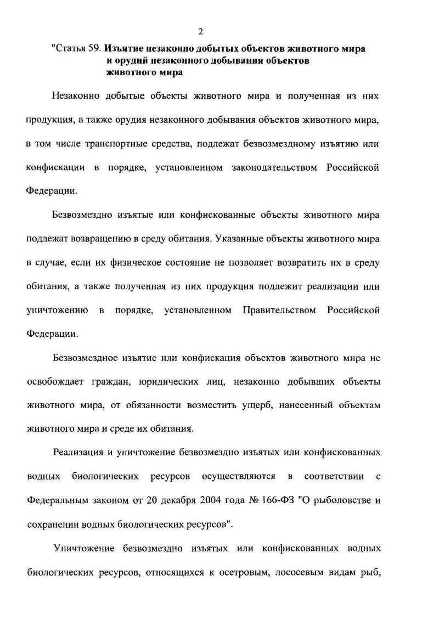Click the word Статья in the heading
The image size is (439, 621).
pyautogui.click(x=68, y=49)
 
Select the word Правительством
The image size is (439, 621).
pyautogui.click(x=279, y=310)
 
